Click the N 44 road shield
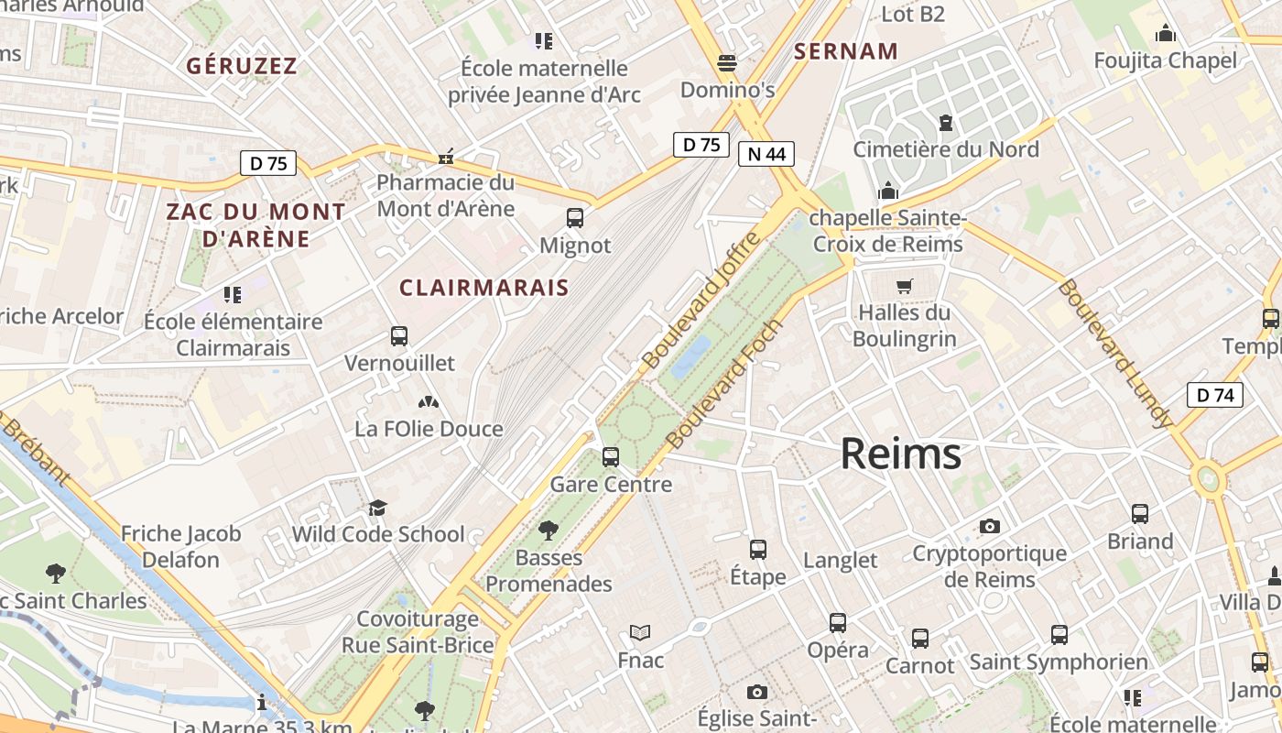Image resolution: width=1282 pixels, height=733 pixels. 766,154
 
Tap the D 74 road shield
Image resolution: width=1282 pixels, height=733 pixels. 1215,395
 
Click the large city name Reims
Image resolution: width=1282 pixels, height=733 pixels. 900,454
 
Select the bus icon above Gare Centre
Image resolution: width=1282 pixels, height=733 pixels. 611,456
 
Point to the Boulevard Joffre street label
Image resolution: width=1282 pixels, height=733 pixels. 701,301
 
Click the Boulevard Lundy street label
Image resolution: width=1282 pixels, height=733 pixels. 1114,354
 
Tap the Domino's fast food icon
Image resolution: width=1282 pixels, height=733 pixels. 727,63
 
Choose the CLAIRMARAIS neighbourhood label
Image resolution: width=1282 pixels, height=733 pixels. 483,288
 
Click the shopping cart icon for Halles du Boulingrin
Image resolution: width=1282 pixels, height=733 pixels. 905,286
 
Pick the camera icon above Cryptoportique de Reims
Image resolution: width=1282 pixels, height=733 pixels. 989,526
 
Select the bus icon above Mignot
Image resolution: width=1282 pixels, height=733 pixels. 575,218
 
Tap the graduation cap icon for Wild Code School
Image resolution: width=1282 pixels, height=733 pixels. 377,508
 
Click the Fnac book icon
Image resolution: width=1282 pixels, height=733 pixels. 640,633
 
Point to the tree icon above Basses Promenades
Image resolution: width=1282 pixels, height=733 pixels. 549,530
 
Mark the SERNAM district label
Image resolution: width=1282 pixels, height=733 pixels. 845,51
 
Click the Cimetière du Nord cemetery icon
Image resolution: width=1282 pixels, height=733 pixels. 946,122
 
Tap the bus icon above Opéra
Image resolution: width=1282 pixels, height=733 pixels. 837,623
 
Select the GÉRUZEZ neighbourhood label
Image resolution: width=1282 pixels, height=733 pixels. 242,66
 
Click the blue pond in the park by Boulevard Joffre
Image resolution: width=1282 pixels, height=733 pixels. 690,357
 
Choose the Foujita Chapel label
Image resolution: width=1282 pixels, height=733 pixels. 1165,61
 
